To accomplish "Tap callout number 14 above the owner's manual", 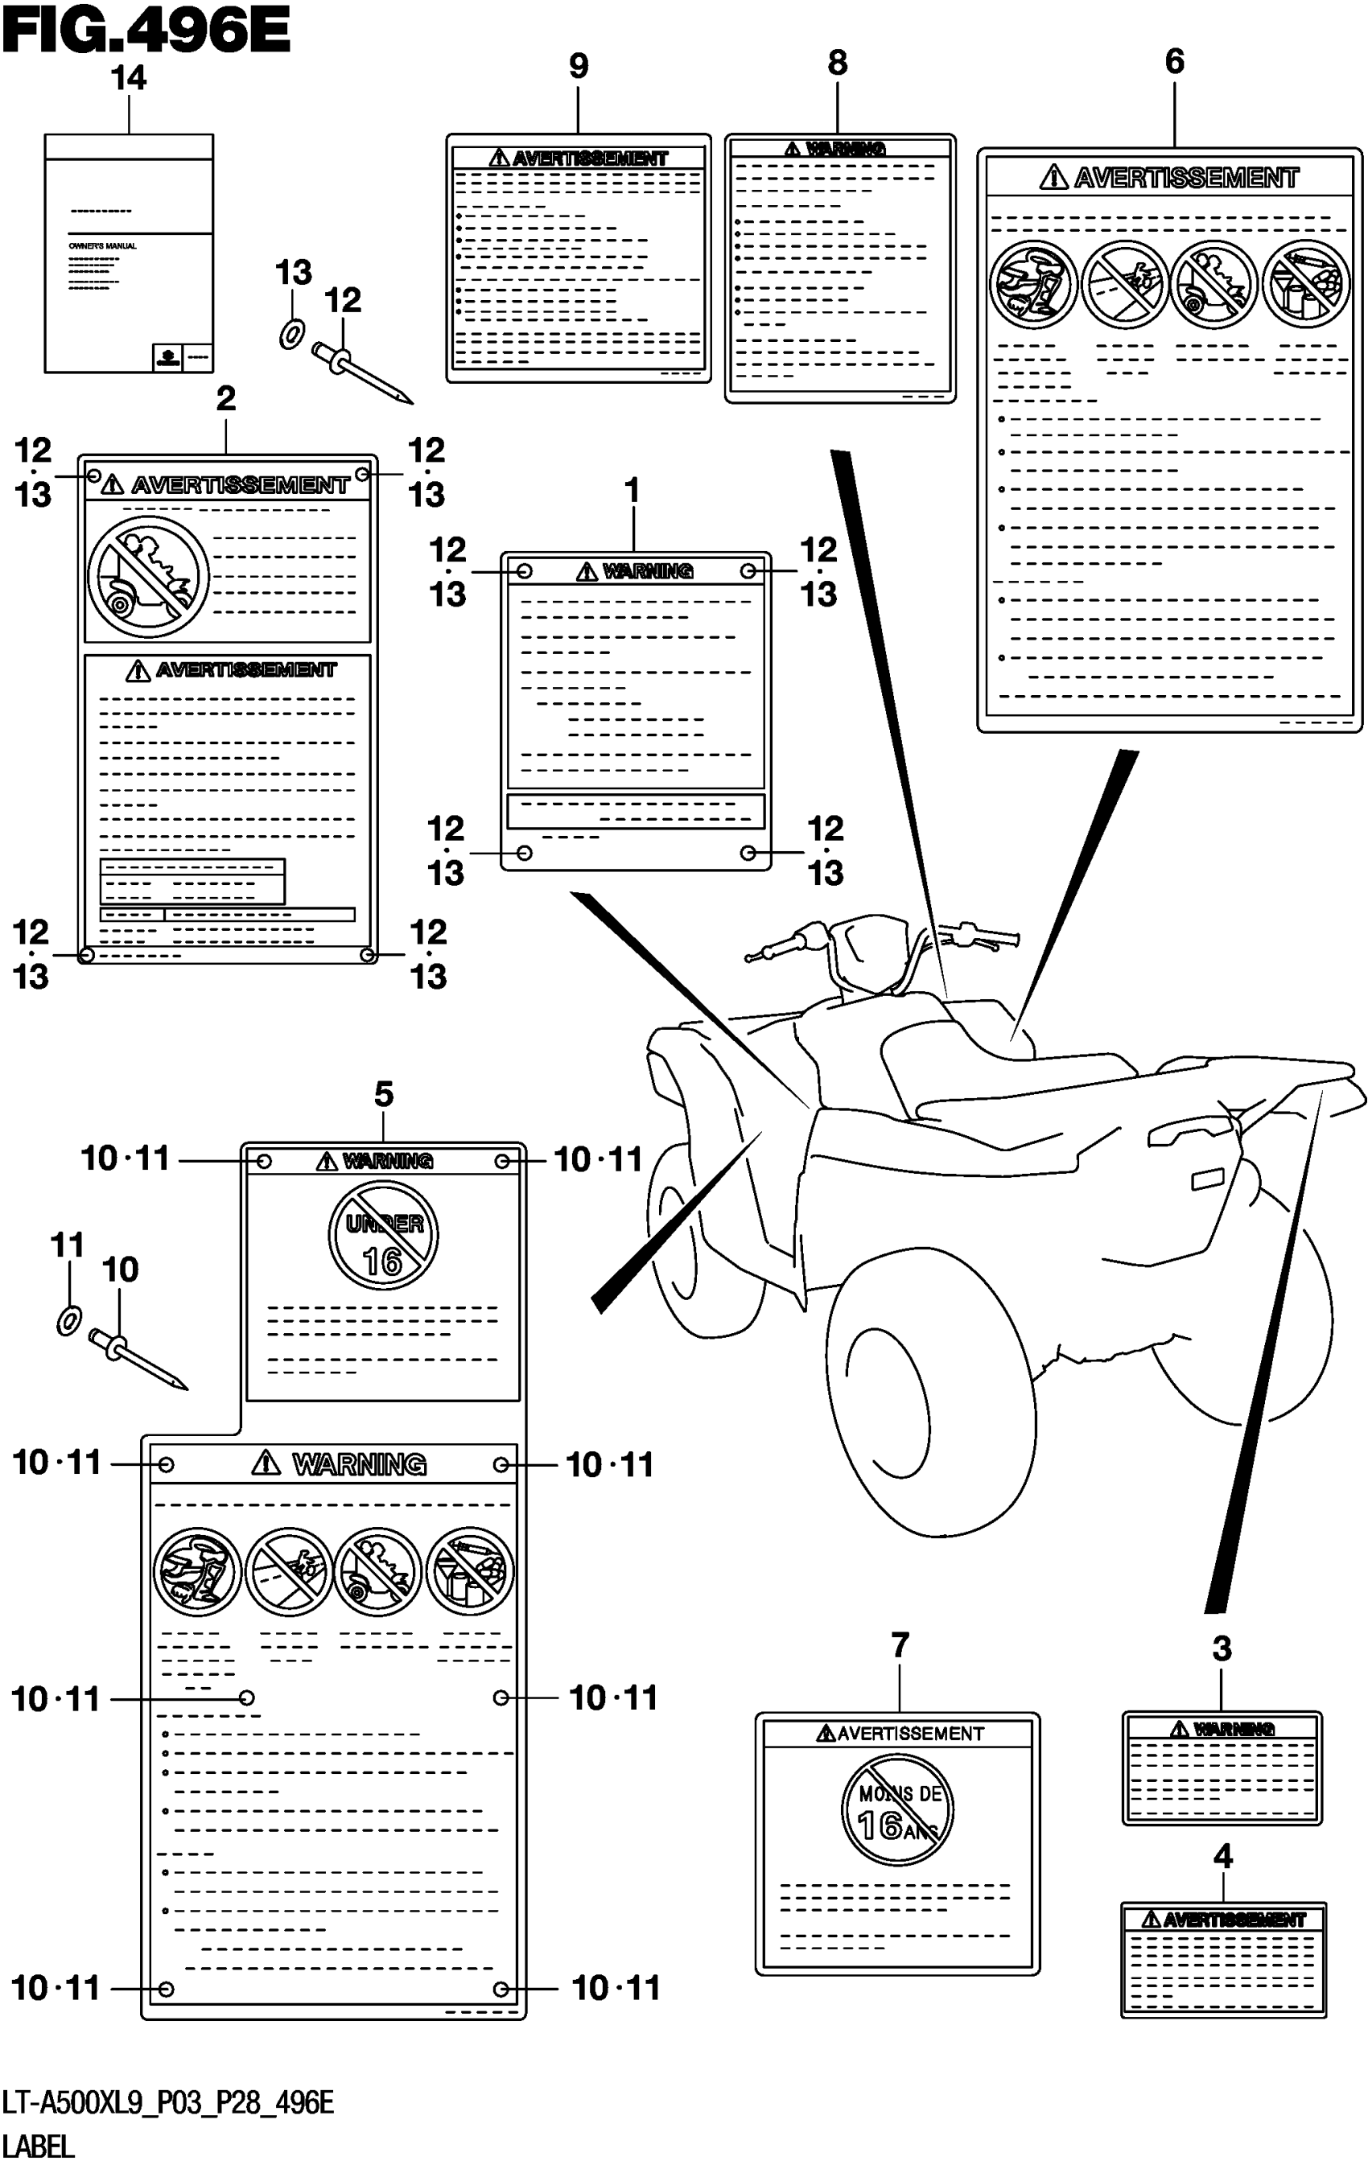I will click(128, 79).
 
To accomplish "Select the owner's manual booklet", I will click(129, 253).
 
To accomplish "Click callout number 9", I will click(579, 66).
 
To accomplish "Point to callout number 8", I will click(838, 64).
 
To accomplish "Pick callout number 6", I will click(1174, 61).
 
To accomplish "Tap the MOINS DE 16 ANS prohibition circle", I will click(898, 1809).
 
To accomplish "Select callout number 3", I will click(1221, 1648).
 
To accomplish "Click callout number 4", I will click(1222, 1856).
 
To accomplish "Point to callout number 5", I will click(384, 1095).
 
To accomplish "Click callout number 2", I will click(225, 398).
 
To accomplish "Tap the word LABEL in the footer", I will click(38, 2146).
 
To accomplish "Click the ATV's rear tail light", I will click(1207, 1179).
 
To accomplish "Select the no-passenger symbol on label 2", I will click(148, 577).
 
